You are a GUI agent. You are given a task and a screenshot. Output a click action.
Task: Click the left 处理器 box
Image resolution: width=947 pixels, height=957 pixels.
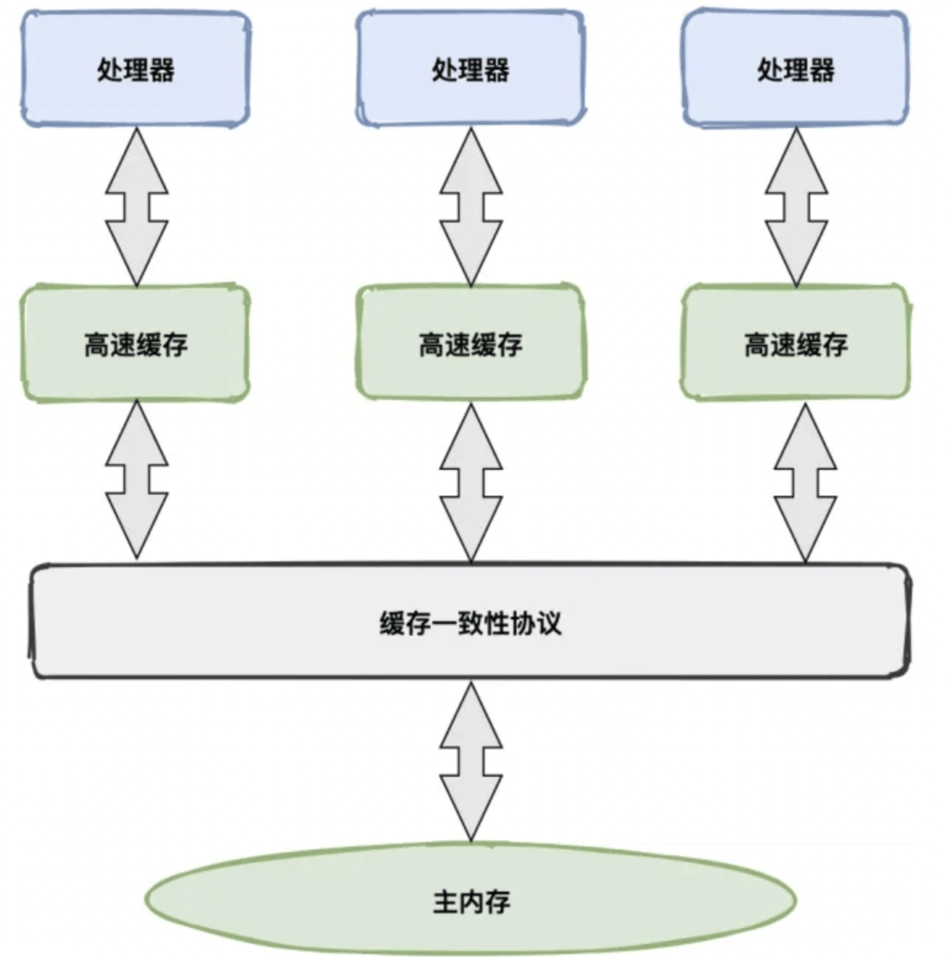[x=136, y=69]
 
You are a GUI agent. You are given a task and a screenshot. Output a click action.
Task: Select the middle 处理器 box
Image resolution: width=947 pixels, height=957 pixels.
[x=470, y=69]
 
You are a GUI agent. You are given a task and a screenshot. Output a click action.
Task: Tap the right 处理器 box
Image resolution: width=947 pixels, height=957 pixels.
[x=796, y=69]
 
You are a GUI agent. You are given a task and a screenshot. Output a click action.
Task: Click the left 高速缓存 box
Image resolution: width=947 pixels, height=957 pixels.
[x=136, y=344]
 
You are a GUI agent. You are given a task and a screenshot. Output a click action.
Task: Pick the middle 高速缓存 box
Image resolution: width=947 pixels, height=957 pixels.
[x=470, y=344]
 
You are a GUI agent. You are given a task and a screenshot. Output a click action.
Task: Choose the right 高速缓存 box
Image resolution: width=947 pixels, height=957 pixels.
[x=796, y=344]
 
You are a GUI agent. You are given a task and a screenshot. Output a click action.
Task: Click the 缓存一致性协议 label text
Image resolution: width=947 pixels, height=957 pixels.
[x=470, y=622]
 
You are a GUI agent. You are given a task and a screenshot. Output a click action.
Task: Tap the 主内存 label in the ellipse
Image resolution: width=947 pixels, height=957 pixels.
[x=471, y=901]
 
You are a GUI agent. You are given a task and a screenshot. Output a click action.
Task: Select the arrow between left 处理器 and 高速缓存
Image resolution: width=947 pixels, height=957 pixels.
[x=136, y=207]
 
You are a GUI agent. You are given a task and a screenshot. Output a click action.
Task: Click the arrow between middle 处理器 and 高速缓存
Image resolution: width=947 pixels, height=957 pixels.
[x=471, y=207]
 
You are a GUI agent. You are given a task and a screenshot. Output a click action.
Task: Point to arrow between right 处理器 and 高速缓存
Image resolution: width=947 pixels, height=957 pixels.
[x=796, y=207]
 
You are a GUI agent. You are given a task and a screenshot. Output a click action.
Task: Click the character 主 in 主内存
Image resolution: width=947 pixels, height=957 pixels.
[x=444, y=901]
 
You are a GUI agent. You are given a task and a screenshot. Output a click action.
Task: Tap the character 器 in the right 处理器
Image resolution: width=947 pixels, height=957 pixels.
[x=822, y=69]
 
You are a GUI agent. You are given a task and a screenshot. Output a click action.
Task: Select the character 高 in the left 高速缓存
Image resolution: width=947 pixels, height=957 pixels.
[x=96, y=344]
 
